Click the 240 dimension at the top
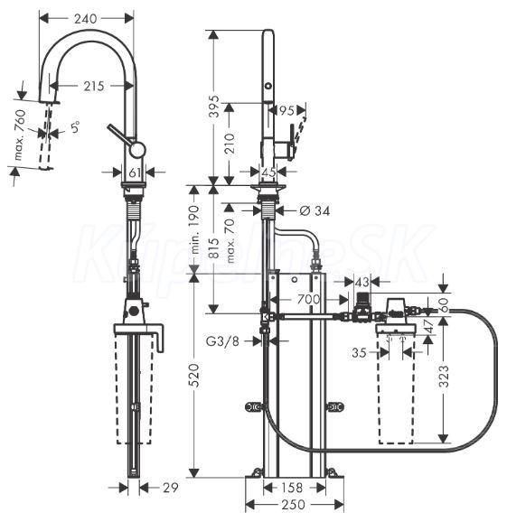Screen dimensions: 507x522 85,19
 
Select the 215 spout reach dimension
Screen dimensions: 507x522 94,86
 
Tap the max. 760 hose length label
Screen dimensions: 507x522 20,135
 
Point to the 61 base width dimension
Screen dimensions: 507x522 134,172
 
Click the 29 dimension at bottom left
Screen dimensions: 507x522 171,488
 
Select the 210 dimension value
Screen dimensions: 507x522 230,143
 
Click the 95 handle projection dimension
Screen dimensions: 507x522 286,110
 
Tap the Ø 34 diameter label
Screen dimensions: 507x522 315,210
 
